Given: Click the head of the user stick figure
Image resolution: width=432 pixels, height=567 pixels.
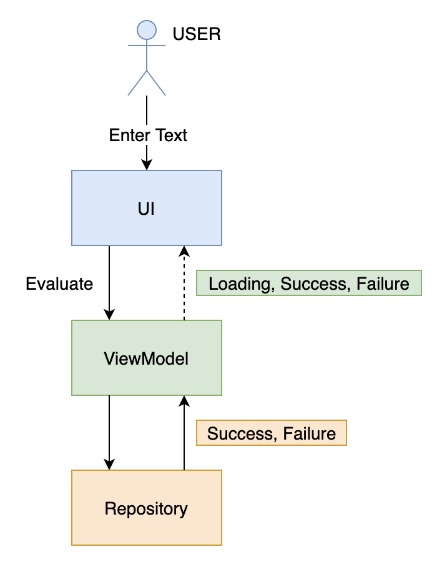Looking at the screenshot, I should coord(146,30).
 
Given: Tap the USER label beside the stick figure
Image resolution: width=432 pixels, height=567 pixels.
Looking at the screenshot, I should coord(197,34).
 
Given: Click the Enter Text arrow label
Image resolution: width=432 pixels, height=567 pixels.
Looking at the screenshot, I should coord(148,136).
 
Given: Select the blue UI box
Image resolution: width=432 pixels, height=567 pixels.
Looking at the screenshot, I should coord(146,208).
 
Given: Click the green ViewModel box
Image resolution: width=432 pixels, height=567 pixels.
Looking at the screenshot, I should coord(146,358).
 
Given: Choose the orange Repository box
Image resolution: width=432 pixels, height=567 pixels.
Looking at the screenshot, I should coord(146,508).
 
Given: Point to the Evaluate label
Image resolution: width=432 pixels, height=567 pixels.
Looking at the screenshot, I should coord(59,284).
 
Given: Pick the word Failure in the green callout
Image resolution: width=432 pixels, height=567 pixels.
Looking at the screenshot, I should coord(383,285).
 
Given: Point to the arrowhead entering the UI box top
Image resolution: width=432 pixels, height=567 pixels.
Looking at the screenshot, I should coord(147,165).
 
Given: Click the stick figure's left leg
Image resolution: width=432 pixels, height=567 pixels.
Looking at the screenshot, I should coord(137,83).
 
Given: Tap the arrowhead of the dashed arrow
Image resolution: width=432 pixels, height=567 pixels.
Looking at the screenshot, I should coord(184,251).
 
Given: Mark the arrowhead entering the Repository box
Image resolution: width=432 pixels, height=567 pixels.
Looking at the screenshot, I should coord(109,465).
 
